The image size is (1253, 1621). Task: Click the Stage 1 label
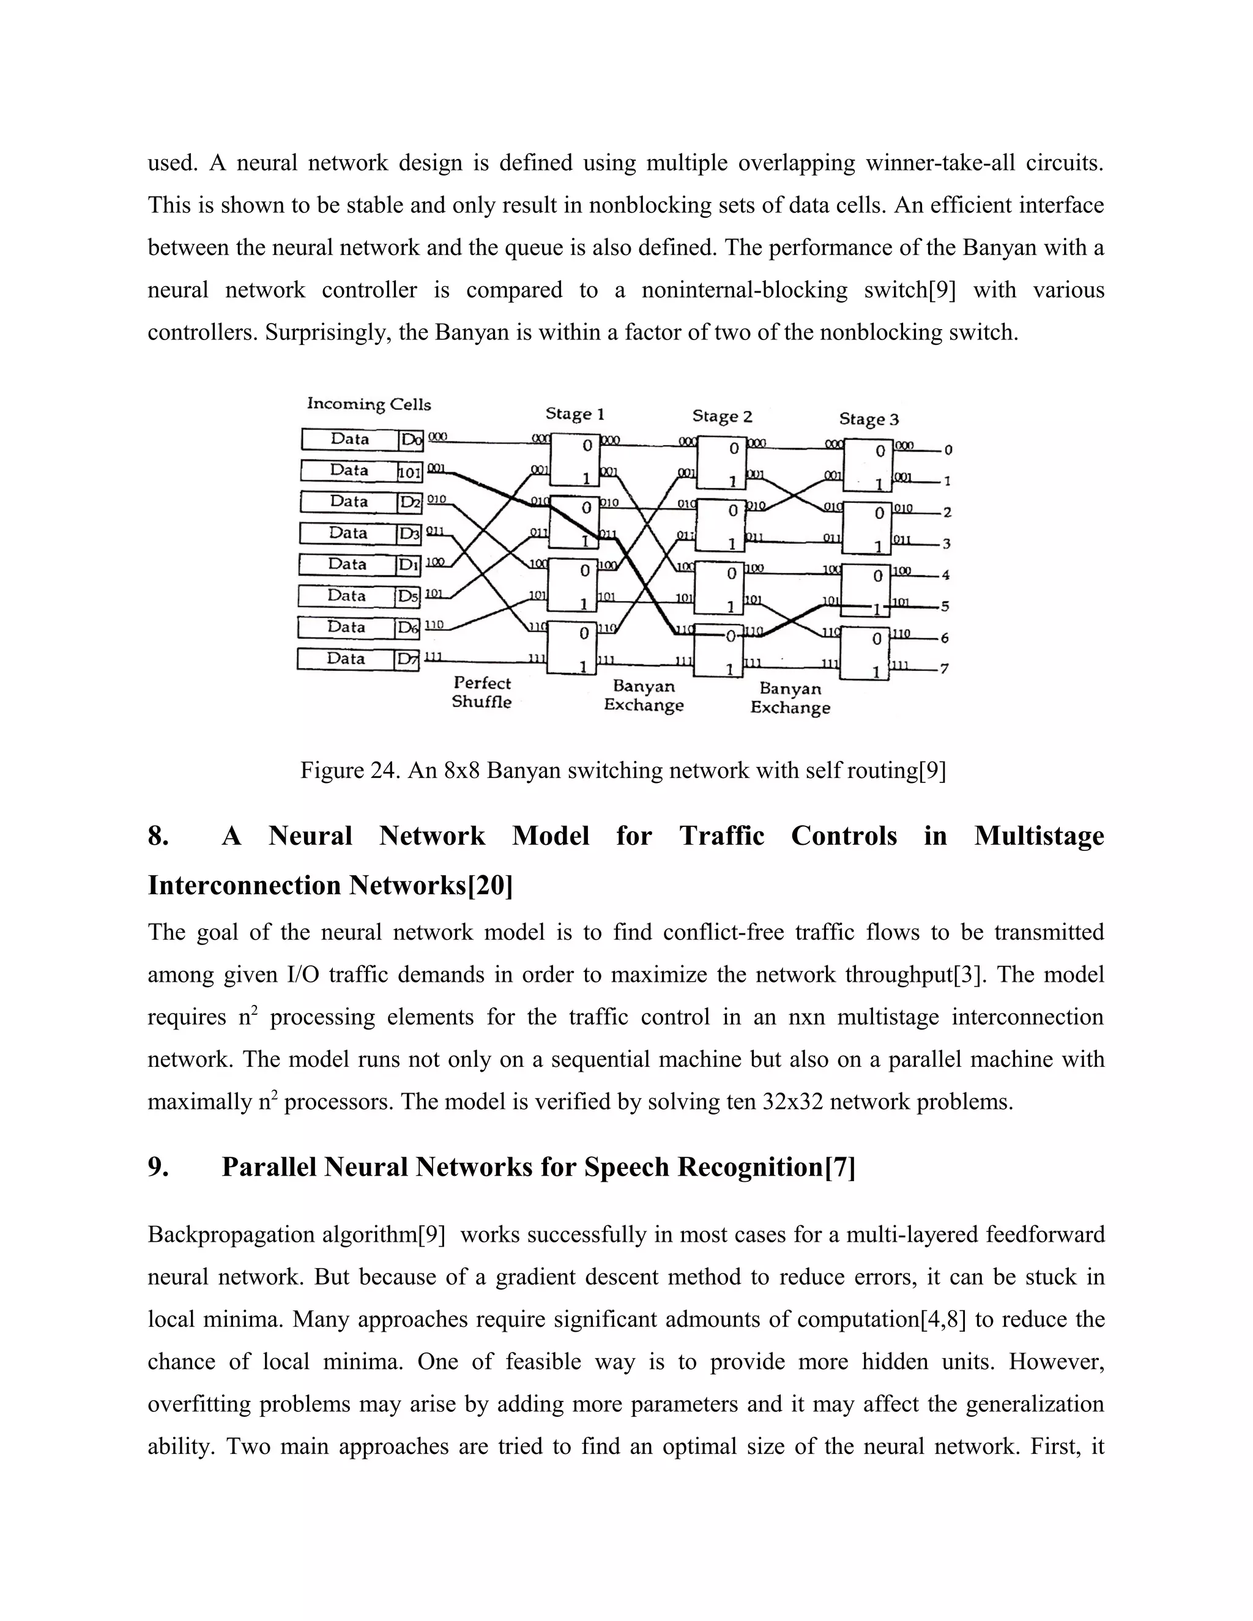pos(574,414)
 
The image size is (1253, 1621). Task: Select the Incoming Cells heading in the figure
pos(369,404)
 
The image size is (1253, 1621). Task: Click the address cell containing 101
pos(410,471)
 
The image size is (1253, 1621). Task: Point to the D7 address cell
pos(407,659)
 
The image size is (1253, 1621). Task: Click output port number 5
pos(945,606)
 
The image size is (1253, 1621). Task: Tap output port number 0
pos(948,450)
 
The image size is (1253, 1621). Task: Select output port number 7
pos(944,669)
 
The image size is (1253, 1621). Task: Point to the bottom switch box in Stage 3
pos(864,653)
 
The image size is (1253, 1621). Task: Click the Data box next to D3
pos(348,533)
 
